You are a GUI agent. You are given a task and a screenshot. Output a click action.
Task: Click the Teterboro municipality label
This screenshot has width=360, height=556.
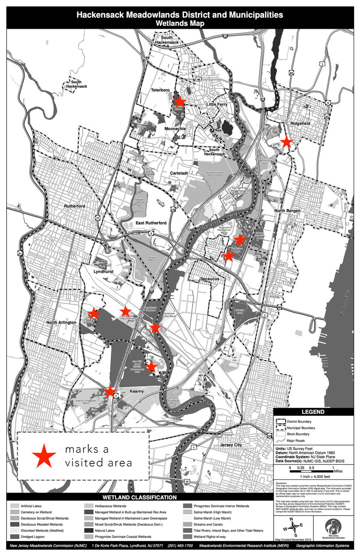(x=160, y=90)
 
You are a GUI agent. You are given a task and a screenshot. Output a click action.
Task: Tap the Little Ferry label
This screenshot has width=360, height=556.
(x=217, y=104)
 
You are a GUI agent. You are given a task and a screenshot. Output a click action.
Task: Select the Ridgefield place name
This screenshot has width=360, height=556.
(x=300, y=123)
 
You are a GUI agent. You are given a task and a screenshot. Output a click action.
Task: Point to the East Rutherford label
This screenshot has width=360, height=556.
(x=151, y=223)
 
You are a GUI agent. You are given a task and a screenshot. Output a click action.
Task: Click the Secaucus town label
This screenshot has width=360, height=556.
(x=210, y=279)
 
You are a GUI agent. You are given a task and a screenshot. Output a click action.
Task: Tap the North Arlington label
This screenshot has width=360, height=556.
(x=61, y=322)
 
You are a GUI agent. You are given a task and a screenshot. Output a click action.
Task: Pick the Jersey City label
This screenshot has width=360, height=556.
(x=231, y=445)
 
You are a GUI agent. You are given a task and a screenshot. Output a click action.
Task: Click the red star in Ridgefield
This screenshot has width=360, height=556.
(x=286, y=142)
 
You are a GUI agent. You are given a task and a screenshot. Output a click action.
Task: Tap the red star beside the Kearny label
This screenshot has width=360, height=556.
(x=110, y=391)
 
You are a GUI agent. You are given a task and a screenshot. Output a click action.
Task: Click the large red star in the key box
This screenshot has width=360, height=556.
(x=44, y=456)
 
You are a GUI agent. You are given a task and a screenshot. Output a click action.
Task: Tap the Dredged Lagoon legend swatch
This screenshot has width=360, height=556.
(x=15, y=537)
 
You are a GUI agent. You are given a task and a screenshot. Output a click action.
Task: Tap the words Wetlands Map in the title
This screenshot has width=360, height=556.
(x=180, y=23)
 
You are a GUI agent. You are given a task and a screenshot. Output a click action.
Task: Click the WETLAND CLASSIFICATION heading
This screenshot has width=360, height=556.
(x=139, y=497)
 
